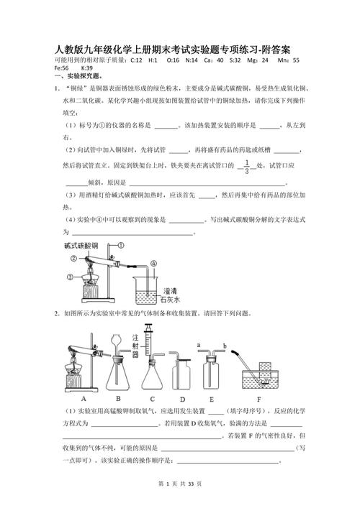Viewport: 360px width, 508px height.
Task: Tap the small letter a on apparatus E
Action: (198, 346)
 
